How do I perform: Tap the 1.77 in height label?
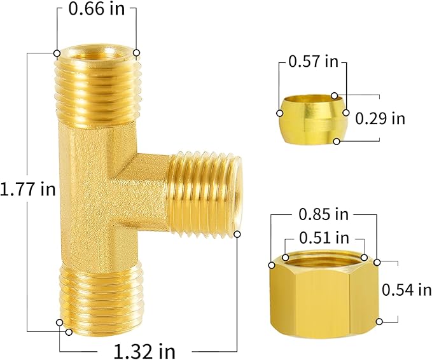click(28, 190)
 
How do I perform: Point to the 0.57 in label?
click(313, 62)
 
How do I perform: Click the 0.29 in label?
click(380, 118)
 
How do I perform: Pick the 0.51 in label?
click(324, 238)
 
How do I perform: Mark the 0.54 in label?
click(406, 290)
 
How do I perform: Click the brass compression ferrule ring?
click(312, 114)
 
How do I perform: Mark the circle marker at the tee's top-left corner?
click(57, 53)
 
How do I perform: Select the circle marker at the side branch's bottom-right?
click(238, 235)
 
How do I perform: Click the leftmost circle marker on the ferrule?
click(280, 113)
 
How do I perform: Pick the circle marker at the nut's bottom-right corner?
click(379, 322)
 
